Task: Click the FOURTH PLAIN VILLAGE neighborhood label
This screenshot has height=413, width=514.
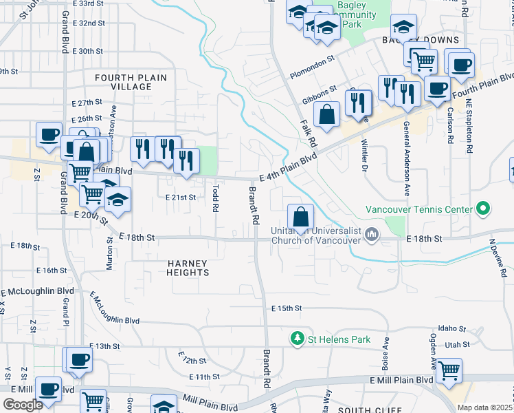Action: pos(131,82)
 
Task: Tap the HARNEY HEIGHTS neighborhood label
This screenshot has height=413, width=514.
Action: pos(188,268)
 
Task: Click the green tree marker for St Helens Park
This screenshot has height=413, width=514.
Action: pos(297,339)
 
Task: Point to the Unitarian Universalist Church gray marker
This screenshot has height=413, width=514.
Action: pos(372,234)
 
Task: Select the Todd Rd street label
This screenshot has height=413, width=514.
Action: pos(216,195)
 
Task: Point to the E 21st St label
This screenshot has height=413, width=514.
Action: pos(181,197)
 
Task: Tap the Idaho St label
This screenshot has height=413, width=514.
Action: pos(453,329)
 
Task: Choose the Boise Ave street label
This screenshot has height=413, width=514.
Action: pos(386,350)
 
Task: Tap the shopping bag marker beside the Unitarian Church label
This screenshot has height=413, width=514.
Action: pos(300,217)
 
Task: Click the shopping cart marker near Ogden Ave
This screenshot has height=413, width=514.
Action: pos(449,372)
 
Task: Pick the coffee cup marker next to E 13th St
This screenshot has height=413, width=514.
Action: pos(80,359)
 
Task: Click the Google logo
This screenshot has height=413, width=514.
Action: pos(23,405)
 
